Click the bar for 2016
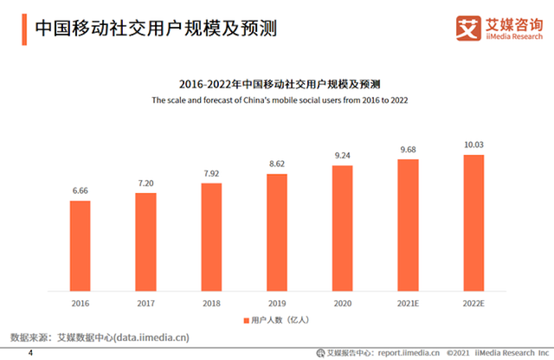tap(81, 247)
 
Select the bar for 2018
tap(212, 238)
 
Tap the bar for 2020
tap(343, 228)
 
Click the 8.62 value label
tap(277, 164)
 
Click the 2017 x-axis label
tap(146, 304)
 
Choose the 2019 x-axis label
tap(277, 304)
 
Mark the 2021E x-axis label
tap(408, 304)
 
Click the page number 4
tap(31, 353)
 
